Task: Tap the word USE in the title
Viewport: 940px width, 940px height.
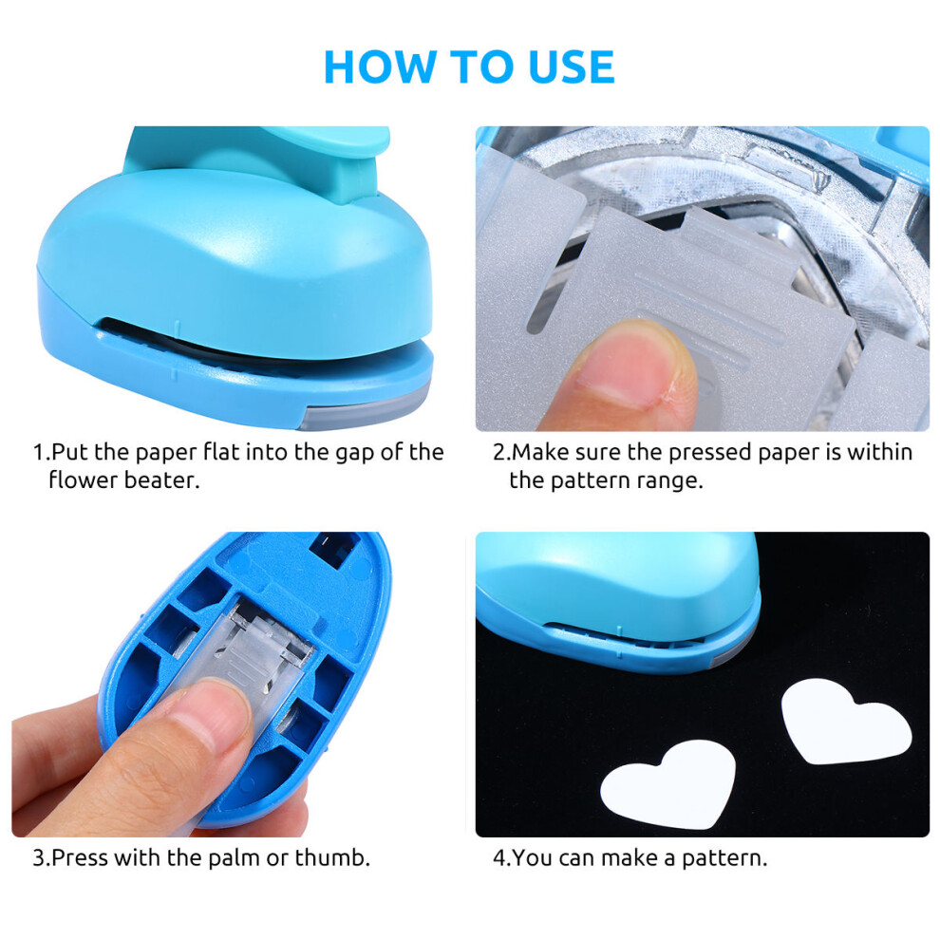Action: coord(572,66)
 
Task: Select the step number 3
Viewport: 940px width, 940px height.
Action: coord(39,858)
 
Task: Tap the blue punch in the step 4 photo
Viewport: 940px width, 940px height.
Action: coord(617,599)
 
